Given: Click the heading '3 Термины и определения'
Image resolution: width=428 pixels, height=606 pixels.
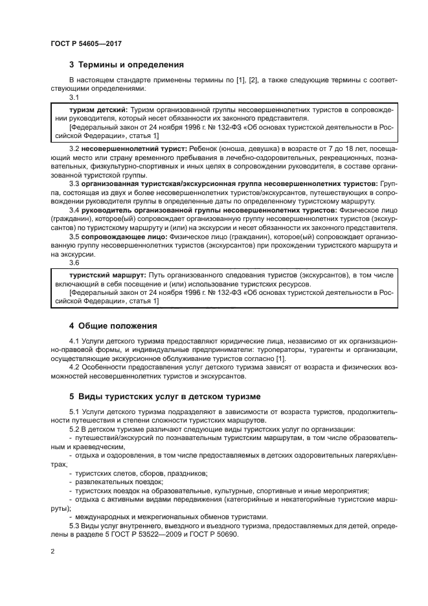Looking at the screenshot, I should point(126,65).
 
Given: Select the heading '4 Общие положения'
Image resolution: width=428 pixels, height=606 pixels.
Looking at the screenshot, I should point(113,325).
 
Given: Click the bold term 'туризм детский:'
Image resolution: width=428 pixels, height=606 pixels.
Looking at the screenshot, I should point(91,111).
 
